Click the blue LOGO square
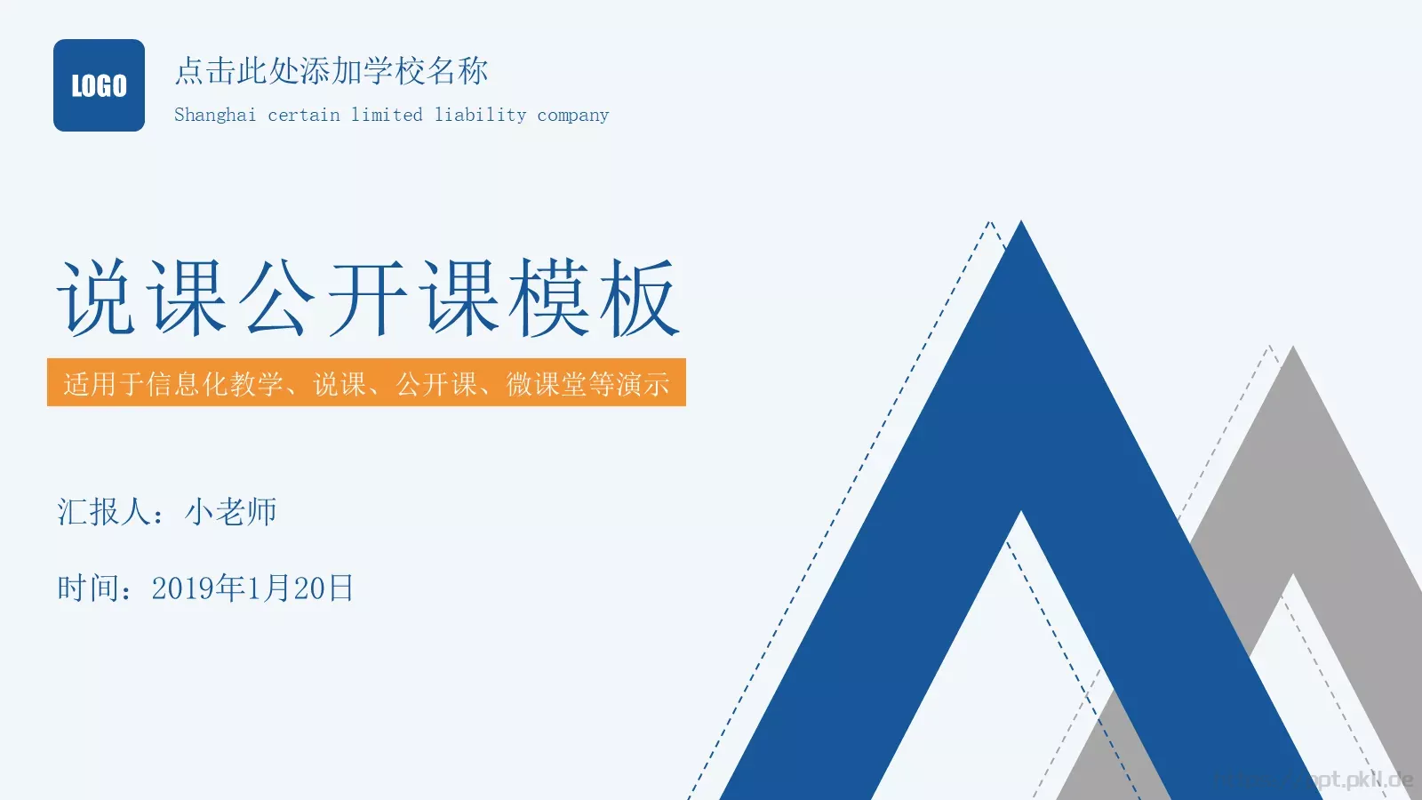pyautogui.click(x=99, y=85)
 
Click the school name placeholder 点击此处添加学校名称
pyautogui.click(x=331, y=71)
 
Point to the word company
pyautogui.click(x=573, y=115)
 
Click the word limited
pyautogui.click(x=387, y=115)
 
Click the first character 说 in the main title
pyautogui.click(x=97, y=298)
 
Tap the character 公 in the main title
pyautogui.click(x=278, y=298)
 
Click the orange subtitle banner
pyautogui.click(x=366, y=382)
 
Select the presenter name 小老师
pyautogui.click(x=231, y=512)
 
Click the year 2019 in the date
pyautogui.click(x=183, y=588)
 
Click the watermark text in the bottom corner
pyautogui.click(x=1333, y=780)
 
